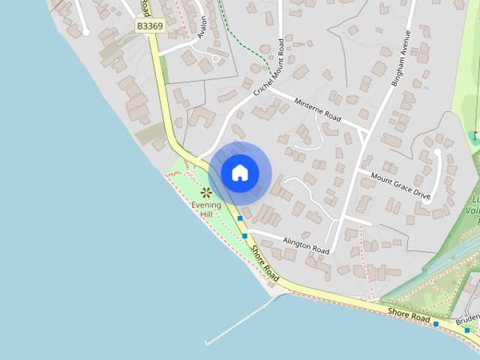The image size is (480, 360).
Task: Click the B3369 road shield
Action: coord(149,25)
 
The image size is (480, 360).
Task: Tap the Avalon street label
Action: coord(201,28)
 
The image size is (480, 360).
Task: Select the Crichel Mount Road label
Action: coord(270,68)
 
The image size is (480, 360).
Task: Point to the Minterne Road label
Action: coord(317,109)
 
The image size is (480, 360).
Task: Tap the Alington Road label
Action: coord(306,244)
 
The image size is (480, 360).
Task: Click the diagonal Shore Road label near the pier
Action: coord(265,264)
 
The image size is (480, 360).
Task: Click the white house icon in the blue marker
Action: coord(240,173)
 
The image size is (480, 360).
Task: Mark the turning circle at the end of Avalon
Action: coord(216,58)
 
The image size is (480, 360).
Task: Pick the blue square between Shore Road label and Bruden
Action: coord(436,324)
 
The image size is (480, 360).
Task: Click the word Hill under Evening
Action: coord(205,214)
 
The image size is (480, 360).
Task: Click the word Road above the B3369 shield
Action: coord(145,7)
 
